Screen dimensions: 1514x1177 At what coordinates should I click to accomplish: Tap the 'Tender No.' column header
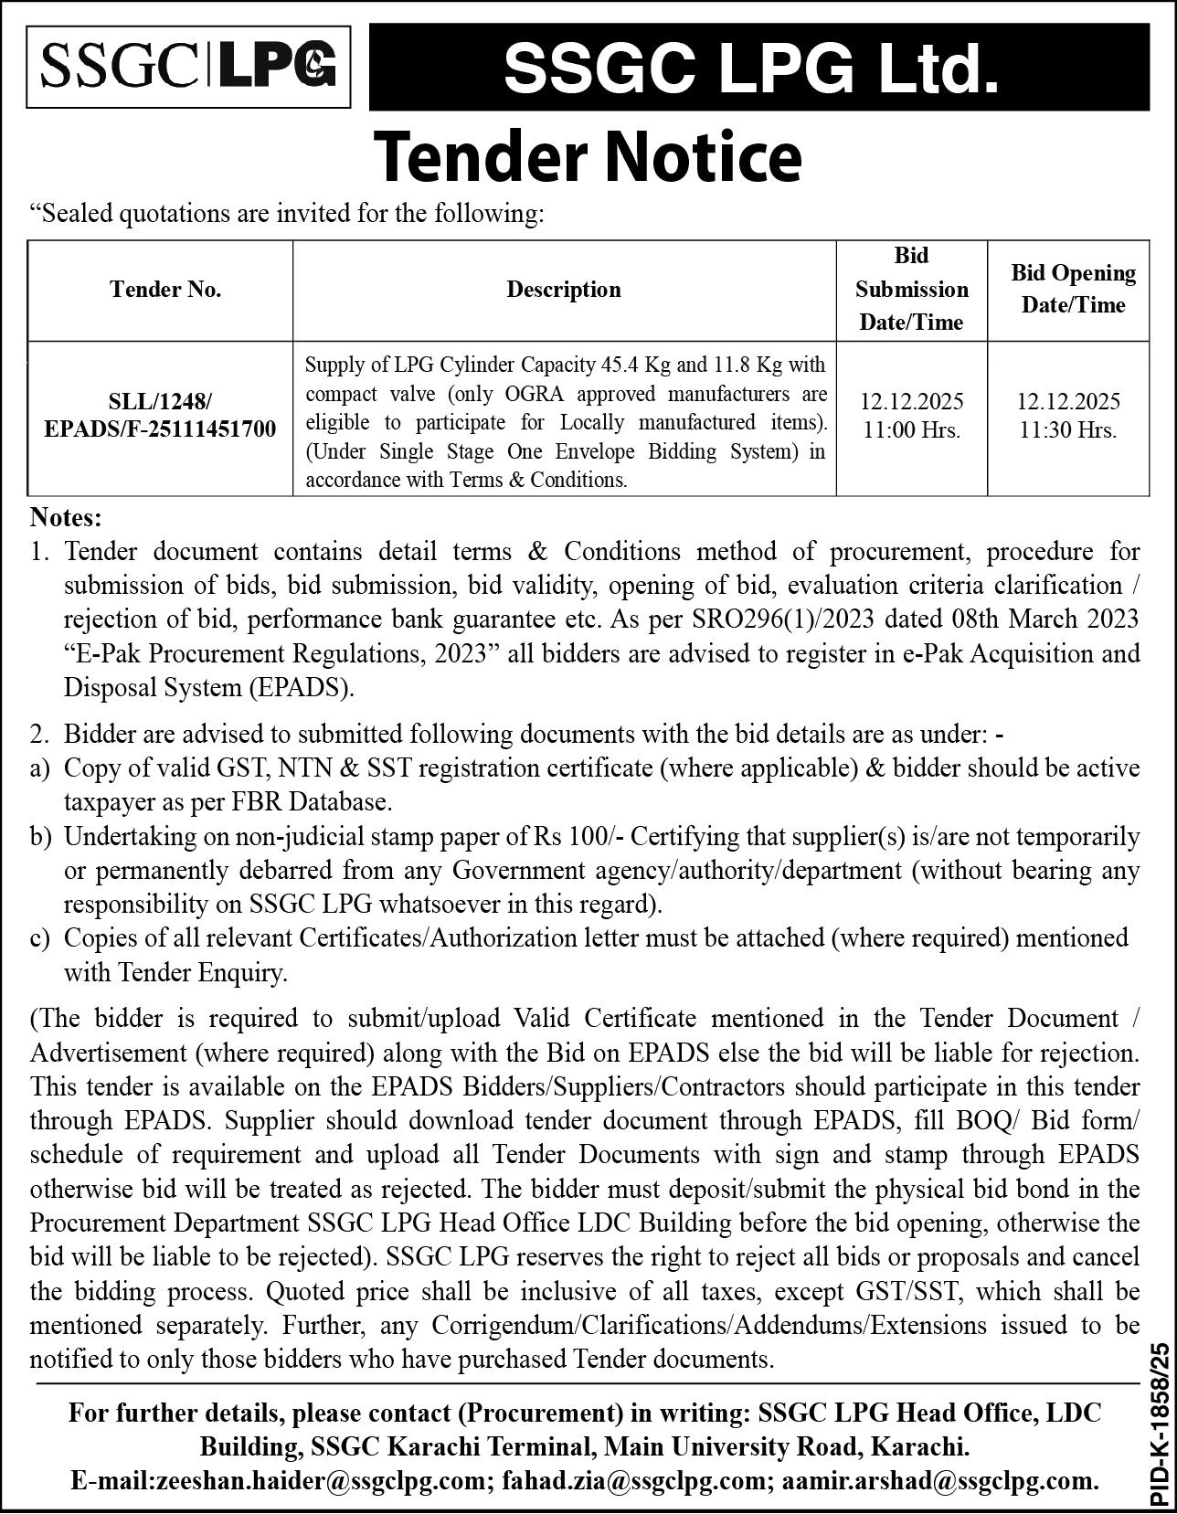(165, 290)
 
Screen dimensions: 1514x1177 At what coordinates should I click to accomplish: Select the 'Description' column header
(564, 290)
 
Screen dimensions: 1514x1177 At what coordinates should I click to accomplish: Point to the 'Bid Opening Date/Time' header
(1073, 289)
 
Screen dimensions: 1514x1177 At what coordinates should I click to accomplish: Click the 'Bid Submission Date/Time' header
(911, 289)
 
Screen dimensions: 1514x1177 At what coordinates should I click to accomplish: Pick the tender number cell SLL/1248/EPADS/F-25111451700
(160, 415)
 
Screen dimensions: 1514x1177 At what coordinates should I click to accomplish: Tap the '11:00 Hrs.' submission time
(911, 429)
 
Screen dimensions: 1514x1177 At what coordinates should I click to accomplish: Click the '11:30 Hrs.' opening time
(1068, 429)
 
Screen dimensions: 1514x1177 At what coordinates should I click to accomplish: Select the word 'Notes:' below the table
(67, 518)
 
